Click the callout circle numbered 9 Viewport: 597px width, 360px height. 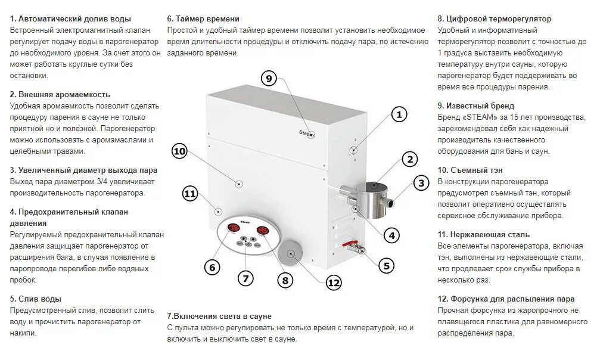269,78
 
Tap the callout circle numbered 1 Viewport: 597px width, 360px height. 399,114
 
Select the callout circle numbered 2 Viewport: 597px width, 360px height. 409,159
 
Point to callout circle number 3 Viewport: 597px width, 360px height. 421,184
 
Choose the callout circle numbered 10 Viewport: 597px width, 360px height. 179,151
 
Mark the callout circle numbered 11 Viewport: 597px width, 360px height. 190,193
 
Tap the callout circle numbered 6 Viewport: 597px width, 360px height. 212,267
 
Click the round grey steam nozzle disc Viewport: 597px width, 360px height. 291,253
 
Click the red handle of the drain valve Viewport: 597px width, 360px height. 352,244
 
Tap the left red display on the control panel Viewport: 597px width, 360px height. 231,231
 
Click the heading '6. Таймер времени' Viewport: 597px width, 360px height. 203,19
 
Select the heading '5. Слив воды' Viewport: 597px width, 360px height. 36,299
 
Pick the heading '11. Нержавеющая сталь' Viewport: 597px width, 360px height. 483,234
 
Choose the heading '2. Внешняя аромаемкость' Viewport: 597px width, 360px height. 60,94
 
